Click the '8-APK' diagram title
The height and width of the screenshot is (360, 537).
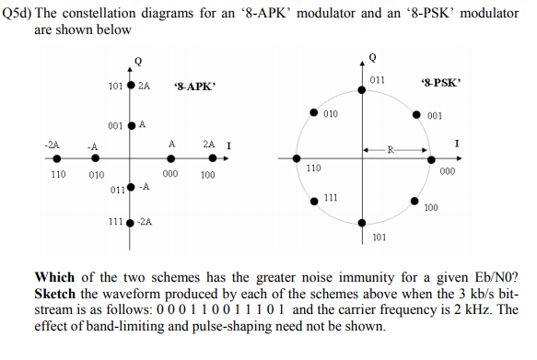point(193,87)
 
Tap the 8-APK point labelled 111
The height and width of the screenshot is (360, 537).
point(131,222)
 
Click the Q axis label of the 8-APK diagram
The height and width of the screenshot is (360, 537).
point(138,61)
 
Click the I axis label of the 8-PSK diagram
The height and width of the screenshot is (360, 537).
point(458,143)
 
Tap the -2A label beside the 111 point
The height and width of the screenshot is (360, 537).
point(146,222)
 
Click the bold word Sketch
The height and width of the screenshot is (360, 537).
point(56,293)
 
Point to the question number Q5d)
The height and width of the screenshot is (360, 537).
point(17,14)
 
